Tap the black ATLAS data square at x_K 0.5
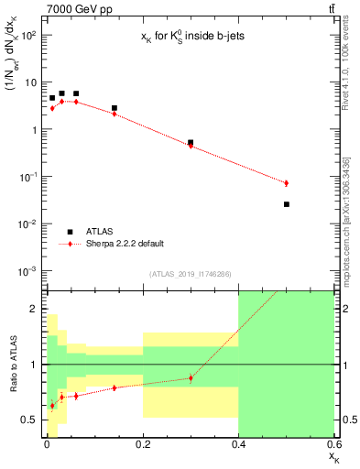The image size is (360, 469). tap(287, 204)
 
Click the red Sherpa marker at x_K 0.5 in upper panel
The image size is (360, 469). tap(287, 183)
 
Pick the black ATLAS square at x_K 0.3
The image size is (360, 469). tap(191, 143)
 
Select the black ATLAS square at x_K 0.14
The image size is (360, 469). tap(114, 108)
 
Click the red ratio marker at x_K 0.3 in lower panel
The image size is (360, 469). tap(191, 377)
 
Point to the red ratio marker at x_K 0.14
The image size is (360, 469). tap(114, 387)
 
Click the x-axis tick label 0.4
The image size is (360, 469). tap(238, 445)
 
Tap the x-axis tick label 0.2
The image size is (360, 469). tap(142, 445)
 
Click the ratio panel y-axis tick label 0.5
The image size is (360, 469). tap(31, 420)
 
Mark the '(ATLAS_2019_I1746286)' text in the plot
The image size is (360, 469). tap(190, 274)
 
